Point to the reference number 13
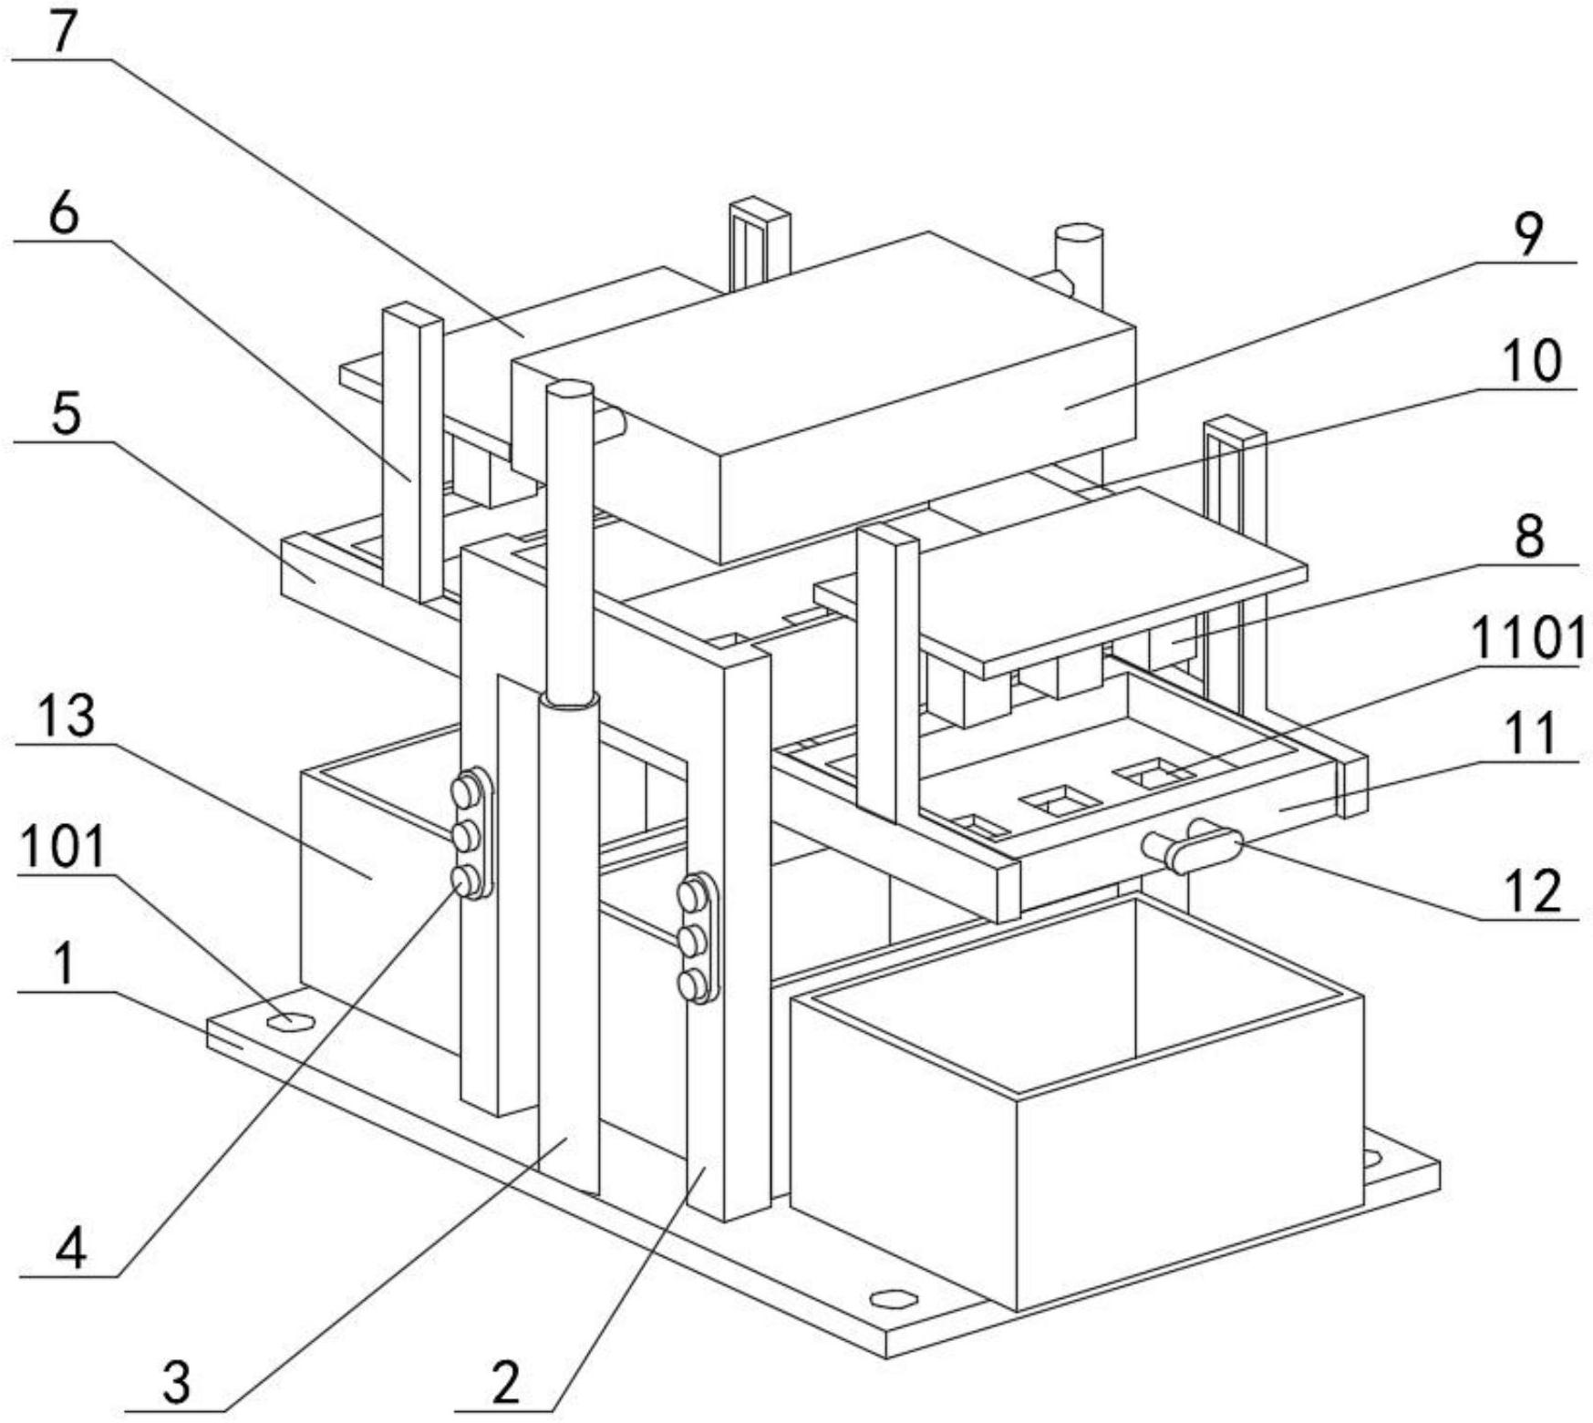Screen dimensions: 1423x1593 click(67, 716)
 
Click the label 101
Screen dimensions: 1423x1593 click(63, 847)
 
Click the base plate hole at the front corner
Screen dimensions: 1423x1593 click(893, 1297)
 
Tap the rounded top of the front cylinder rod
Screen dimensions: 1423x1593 click(570, 388)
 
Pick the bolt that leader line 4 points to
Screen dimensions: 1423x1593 click(466, 880)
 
